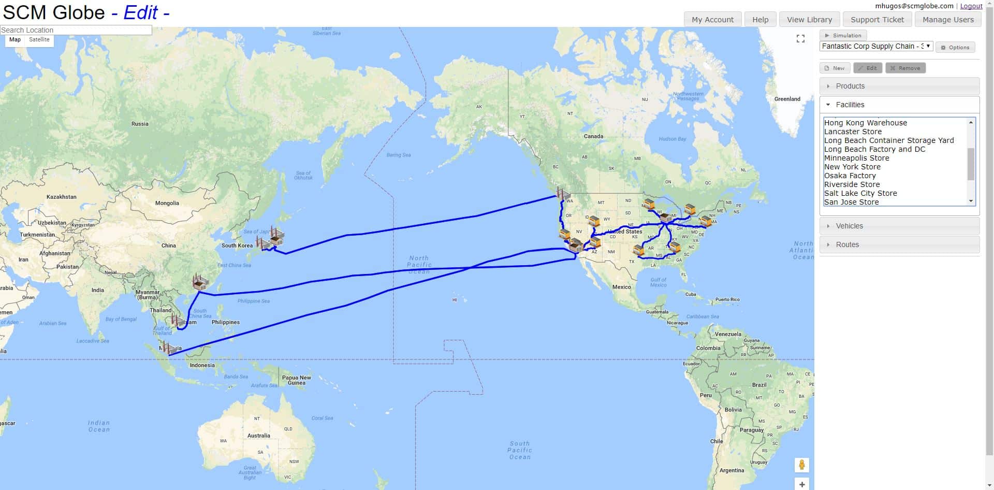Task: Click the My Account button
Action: [x=712, y=20]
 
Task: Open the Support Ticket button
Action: [x=877, y=20]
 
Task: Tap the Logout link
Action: [x=971, y=6]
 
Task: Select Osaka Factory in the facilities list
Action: [x=850, y=176]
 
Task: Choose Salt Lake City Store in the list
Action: [x=860, y=193]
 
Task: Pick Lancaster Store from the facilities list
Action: [x=852, y=132]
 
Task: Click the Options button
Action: [x=955, y=47]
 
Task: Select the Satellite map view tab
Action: [x=39, y=39]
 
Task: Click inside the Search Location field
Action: [x=76, y=30]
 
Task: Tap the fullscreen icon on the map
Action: [x=800, y=39]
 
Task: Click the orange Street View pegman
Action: [x=801, y=465]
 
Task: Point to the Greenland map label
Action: [x=787, y=99]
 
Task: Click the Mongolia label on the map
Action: [x=167, y=203]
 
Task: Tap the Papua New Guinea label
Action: [x=296, y=380]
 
